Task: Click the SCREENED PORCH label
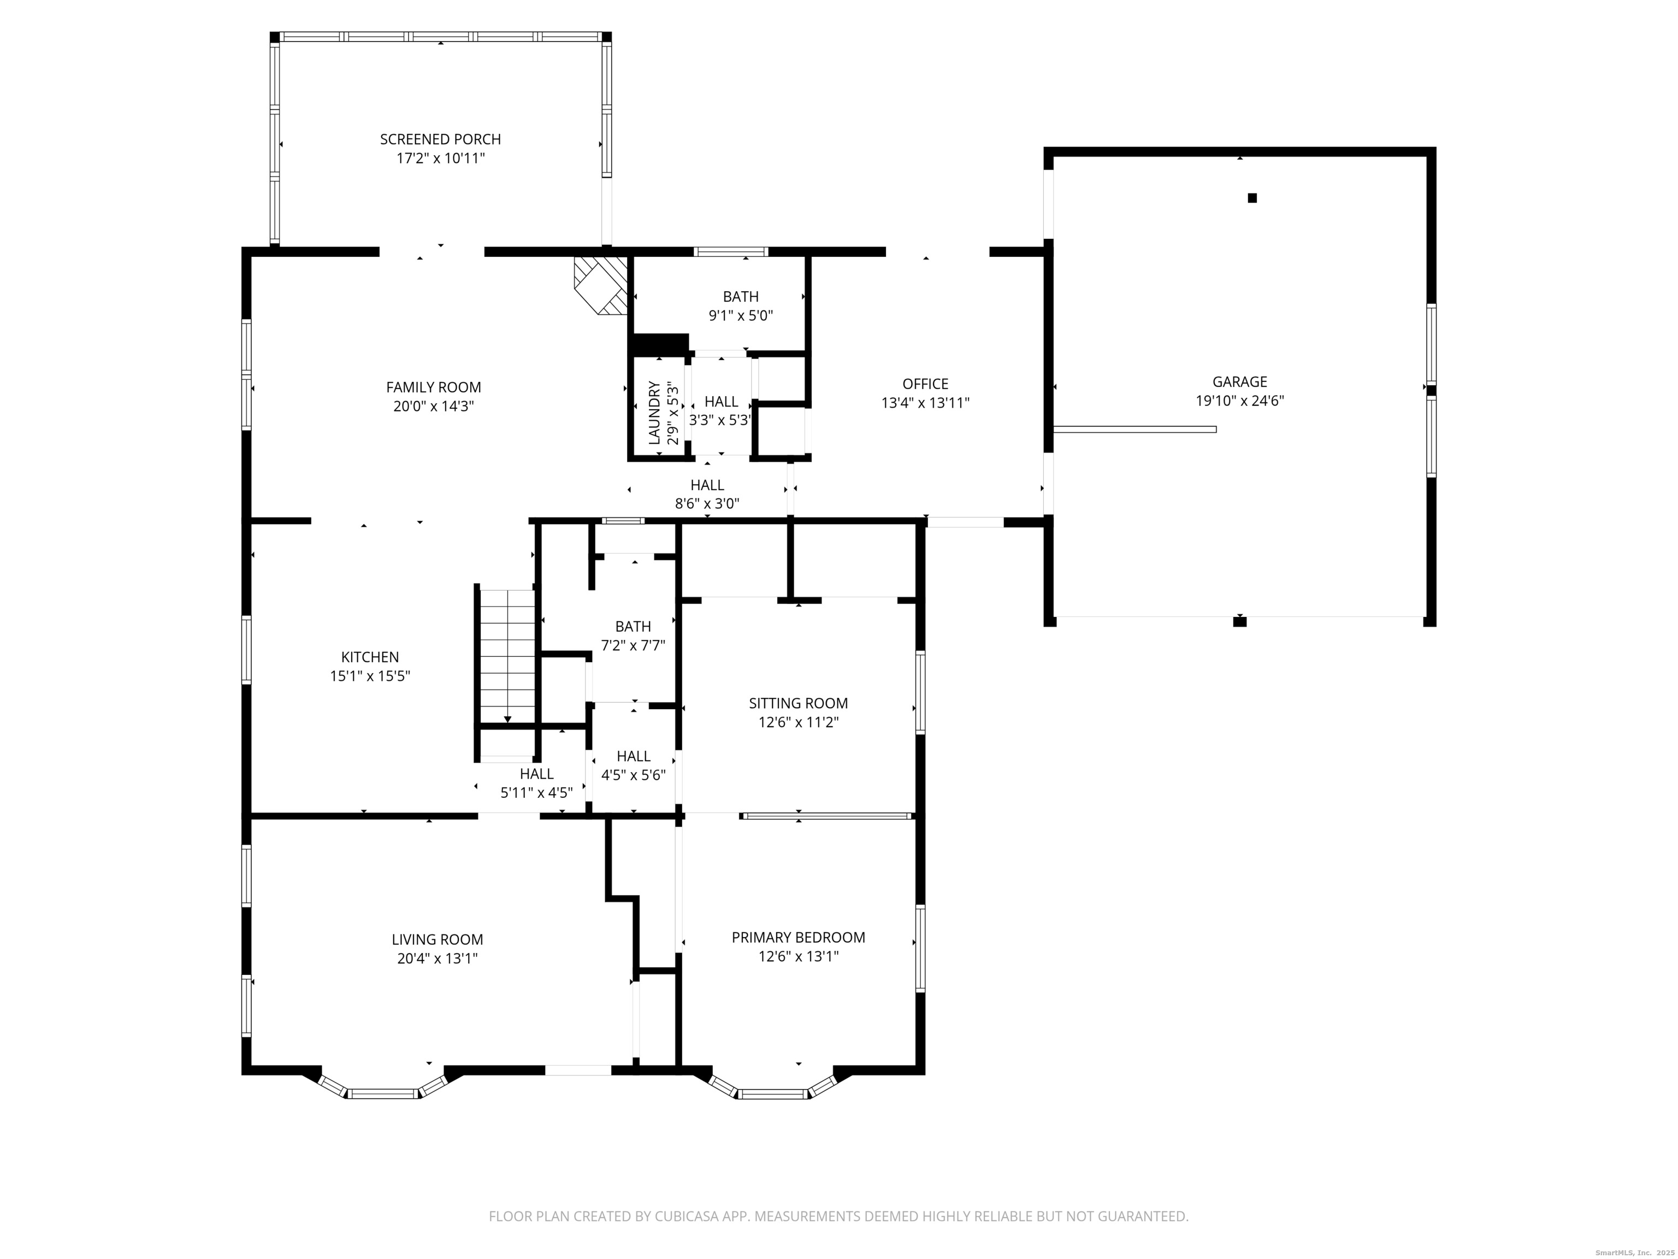pyautogui.click(x=440, y=139)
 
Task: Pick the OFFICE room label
pyautogui.click(x=925, y=384)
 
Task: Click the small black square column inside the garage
pyautogui.click(x=1252, y=198)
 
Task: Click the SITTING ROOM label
pyautogui.click(x=798, y=703)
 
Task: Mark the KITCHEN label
pyautogui.click(x=369, y=657)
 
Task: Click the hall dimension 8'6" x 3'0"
pyautogui.click(x=707, y=503)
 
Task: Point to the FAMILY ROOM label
pyautogui.click(x=433, y=387)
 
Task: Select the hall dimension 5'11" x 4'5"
pyautogui.click(x=536, y=793)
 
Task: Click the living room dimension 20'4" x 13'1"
pyautogui.click(x=437, y=958)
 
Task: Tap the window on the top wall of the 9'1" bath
pyautogui.click(x=731, y=252)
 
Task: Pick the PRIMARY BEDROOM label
pyautogui.click(x=798, y=937)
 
